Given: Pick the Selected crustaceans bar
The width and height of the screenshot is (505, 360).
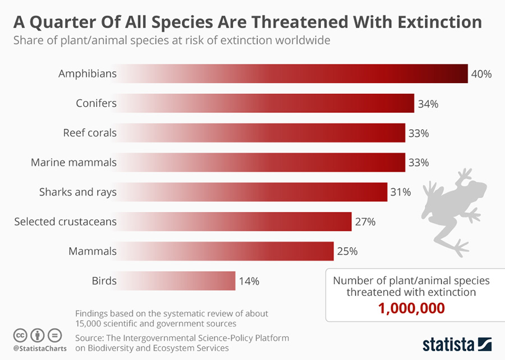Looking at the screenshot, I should pyautogui.click(x=236, y=221).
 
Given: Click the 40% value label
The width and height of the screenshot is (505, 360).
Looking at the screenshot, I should pyautogui.click(x=481, y=74).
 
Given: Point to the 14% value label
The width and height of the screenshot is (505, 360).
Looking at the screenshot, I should pyautogui.click(x=249, y=281).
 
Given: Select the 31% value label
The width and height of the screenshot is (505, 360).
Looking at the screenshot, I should pyautogui.click(x=401, y=192).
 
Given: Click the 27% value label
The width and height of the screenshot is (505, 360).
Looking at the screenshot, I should pyautogui.click(x=365, y=221).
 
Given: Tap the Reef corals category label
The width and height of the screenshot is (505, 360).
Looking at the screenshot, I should pyautogui.click(x=90, y=133).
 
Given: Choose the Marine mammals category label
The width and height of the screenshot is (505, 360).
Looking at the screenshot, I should pyautogui.click(x=74, y=162).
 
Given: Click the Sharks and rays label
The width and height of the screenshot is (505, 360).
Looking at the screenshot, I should pyautogui.click(x=78, y=192).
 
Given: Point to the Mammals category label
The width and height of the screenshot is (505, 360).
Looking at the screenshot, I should pyautogui.click(x=93, y=251).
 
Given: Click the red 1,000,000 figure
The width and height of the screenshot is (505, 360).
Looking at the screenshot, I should pyautogui.click(x=411, y=308).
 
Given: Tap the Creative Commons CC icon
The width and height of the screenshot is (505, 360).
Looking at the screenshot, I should pyautogui.click(x=21, y=335).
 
